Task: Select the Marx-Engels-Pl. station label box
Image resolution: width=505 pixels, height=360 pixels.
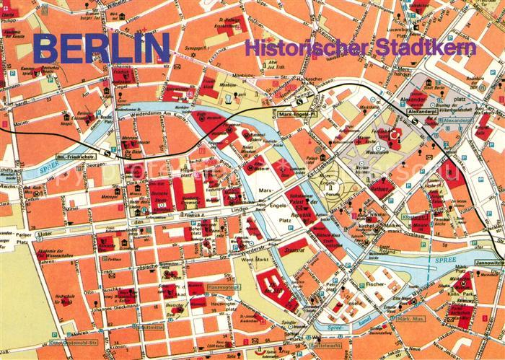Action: coord(298,113)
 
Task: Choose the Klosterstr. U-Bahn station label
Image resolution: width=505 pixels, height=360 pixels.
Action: coord(416,216)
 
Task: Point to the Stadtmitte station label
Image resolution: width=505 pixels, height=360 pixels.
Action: coord(153,327)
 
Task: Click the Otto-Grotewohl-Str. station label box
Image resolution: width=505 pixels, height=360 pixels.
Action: coord(73,343)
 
